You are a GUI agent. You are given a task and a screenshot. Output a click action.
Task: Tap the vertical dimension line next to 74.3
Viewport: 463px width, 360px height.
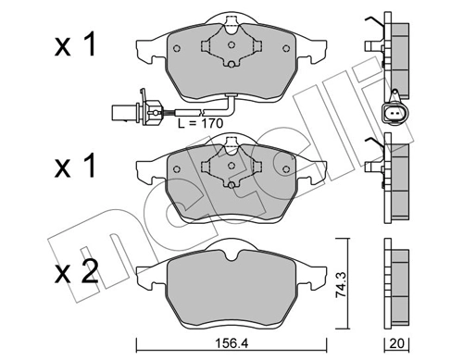click(x=351, y=286)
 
